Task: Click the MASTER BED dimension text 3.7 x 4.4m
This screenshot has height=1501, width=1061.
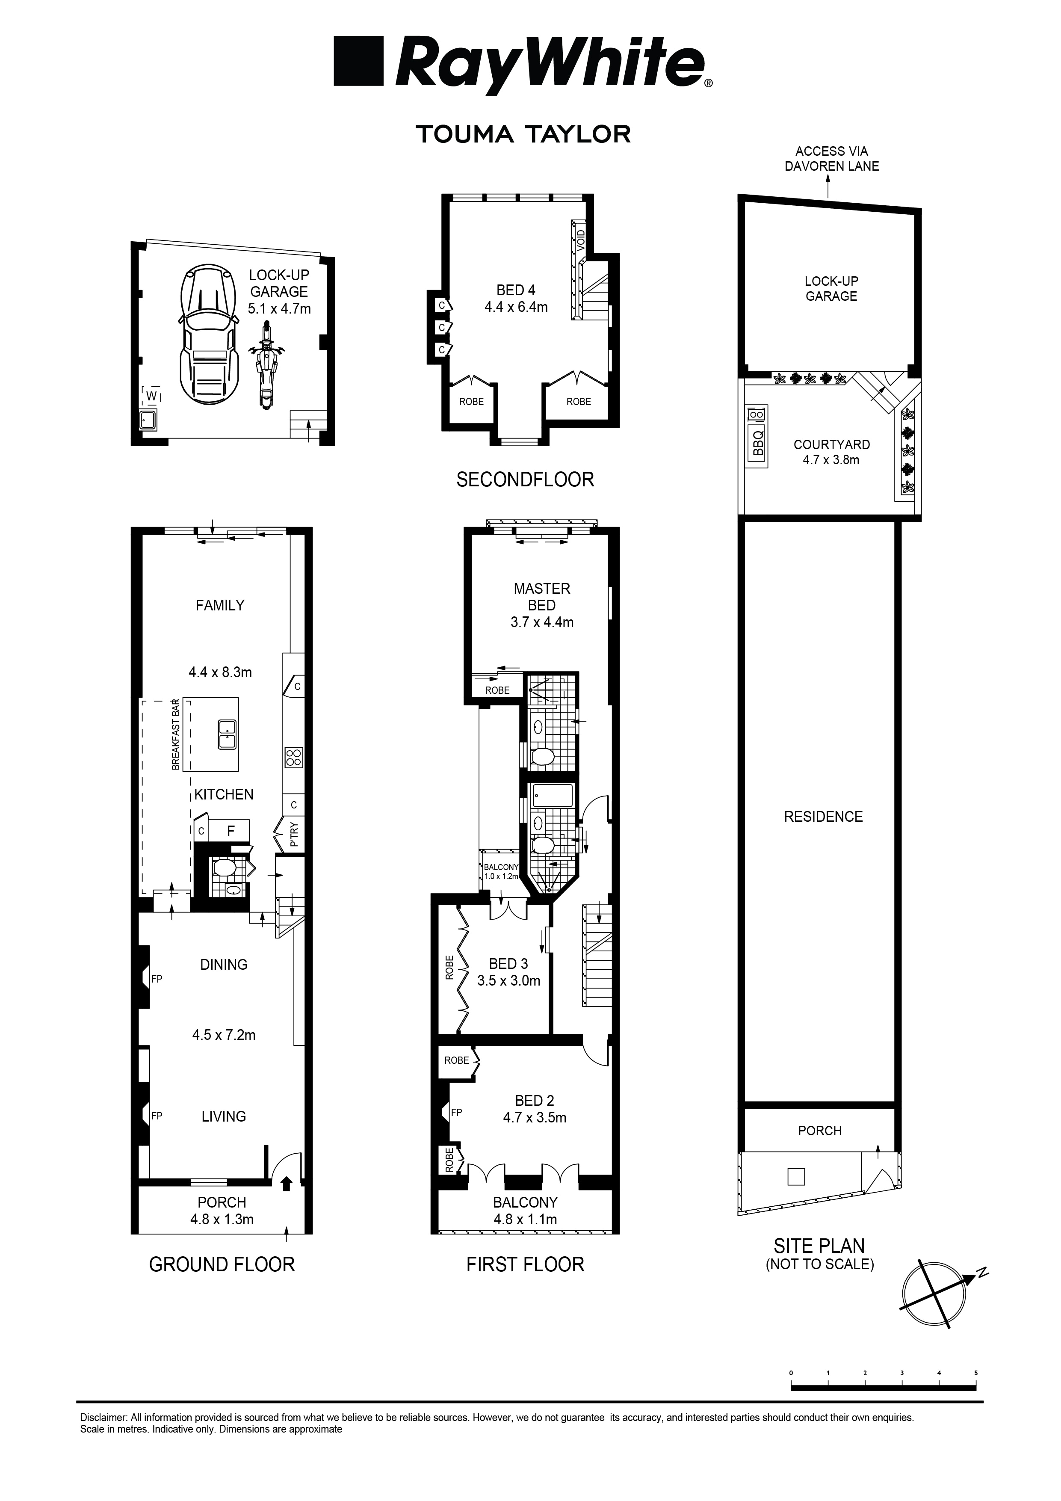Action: [x=542, y=622]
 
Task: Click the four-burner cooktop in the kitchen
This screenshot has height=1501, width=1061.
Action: [x=293, y=757]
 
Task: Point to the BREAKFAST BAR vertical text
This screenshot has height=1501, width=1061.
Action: [x=175, y=734]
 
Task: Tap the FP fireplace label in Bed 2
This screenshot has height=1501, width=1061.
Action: [x=456, y=1112]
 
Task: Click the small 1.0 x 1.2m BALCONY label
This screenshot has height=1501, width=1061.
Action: [x=501, y=871]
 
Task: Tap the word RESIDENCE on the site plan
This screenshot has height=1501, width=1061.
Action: [x=823, y=817]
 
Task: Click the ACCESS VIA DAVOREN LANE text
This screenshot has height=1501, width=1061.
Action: [x=831, y=159]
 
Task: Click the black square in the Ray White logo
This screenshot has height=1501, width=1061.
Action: [x=358, y=62]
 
